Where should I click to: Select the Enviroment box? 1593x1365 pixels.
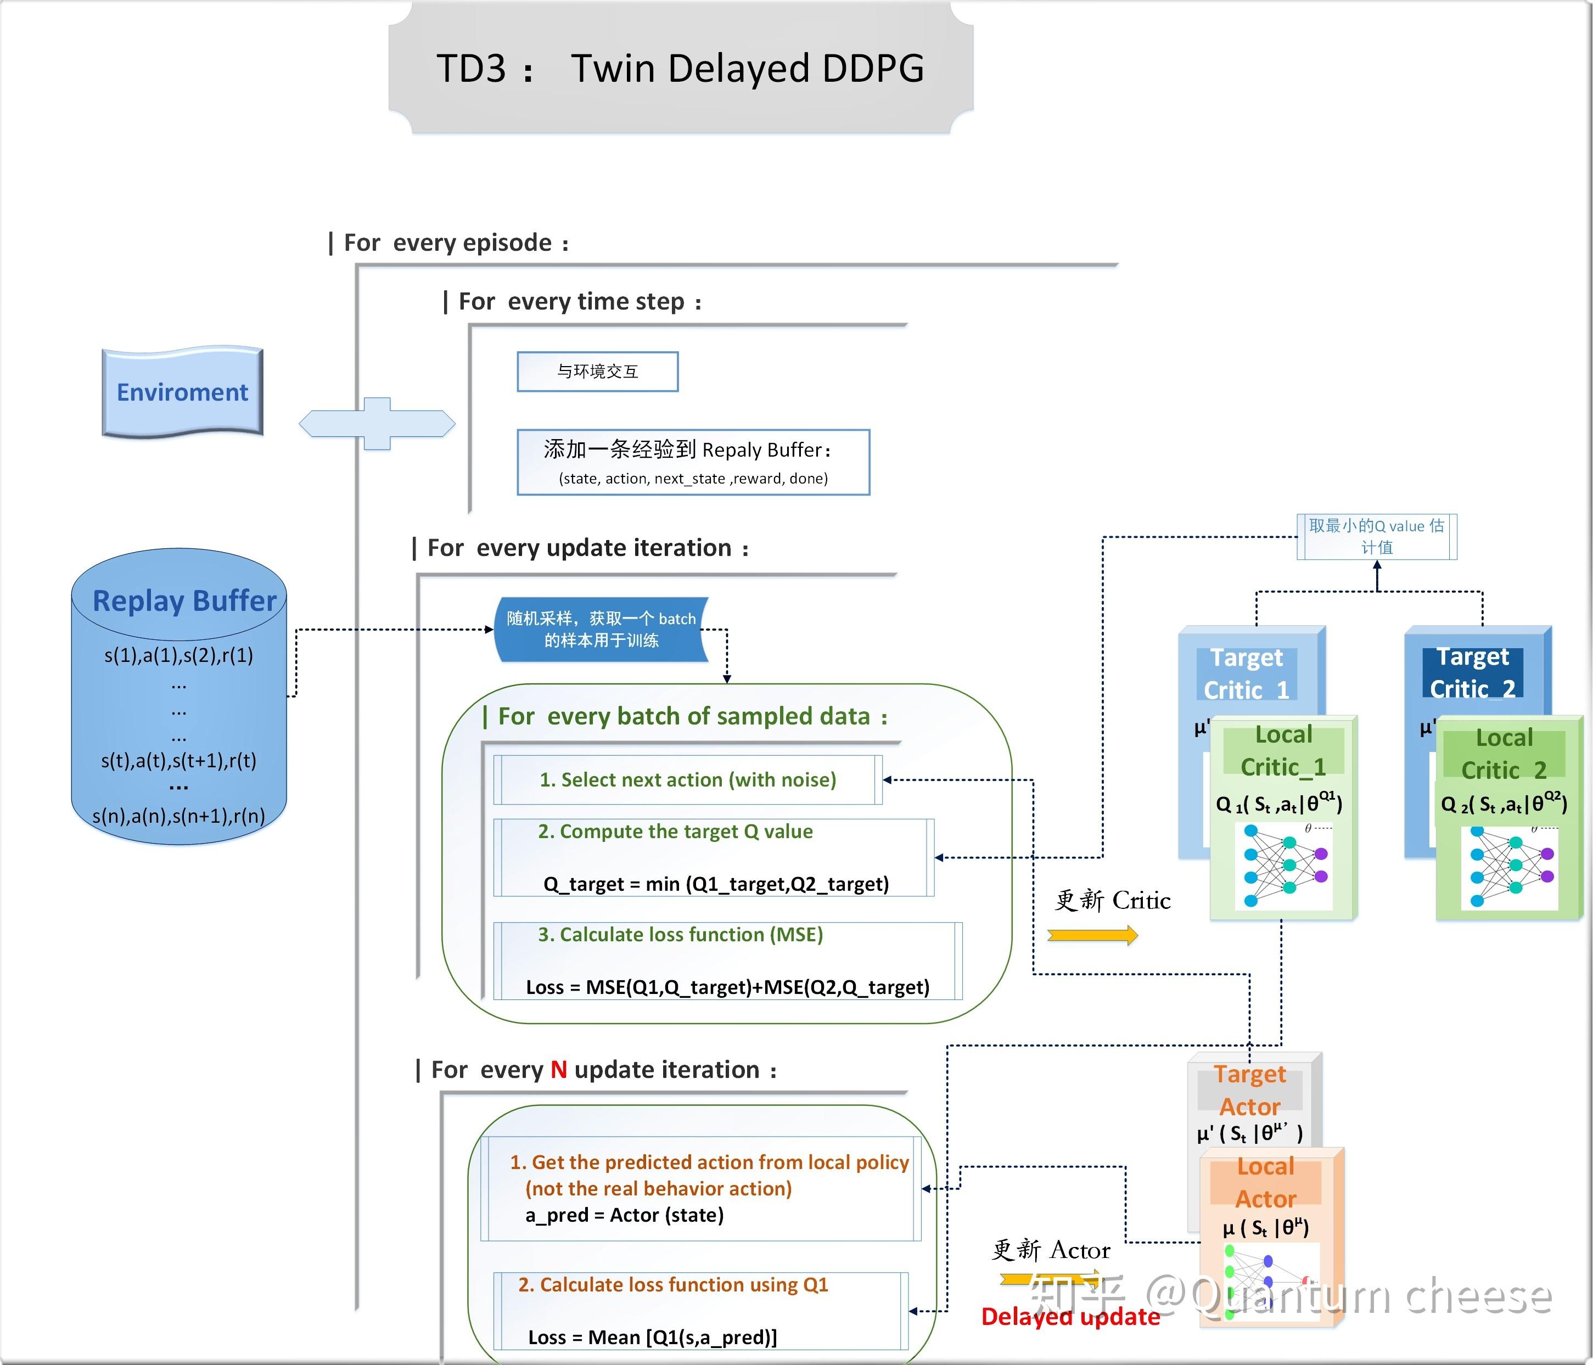pos(182,392)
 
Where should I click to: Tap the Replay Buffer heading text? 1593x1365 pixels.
pos(184,600)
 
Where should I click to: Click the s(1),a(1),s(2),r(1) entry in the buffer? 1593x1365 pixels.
pos(178,655)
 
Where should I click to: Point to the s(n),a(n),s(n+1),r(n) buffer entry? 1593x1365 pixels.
pos(178,816)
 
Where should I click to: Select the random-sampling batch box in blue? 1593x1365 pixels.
pos(601,630)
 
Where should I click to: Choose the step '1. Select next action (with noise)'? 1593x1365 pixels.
pos(687,780)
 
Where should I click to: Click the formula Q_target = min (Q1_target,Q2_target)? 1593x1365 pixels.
pos(716,884)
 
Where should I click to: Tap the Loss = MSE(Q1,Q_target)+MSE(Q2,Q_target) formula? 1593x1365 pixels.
pos(727,987)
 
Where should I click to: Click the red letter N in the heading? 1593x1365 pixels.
pos(559,1070)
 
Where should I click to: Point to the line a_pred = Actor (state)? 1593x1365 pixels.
pos(624,1215)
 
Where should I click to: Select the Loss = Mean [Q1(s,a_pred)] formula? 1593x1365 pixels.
pos(652,1338)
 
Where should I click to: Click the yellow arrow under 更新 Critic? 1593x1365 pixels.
pos(1092,935)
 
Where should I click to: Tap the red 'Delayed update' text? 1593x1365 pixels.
pos(1070,1317)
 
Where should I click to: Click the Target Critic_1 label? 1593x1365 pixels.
pos(1246,673)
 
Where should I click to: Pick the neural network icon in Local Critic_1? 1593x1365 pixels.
pos(1284,866)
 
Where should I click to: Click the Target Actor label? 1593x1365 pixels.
pos(1249,1091)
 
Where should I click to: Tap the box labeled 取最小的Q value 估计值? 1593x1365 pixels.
pos(1376,536)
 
